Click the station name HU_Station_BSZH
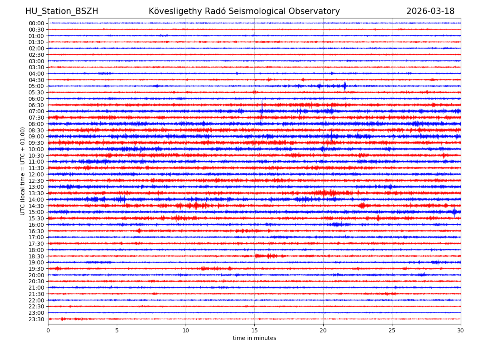tap(62, 11)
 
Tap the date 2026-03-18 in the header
tap(430, 11)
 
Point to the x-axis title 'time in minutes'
tap(254, 338)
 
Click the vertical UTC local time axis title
tap(23, 171)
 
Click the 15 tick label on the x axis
tap(254, 331)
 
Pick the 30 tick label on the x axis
tap(461, 331)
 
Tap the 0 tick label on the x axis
tap(48, 331)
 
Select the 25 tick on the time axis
tap(392, 331)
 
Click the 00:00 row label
tap(36, 23)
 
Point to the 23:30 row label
tap(36, 319)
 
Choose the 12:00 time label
tap(36, 174)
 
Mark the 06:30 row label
tap(36, 105)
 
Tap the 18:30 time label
tap(36, 256)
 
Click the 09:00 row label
tap(36, 136)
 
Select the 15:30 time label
tap(36, 218)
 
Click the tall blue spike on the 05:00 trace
tap(345, 86)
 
